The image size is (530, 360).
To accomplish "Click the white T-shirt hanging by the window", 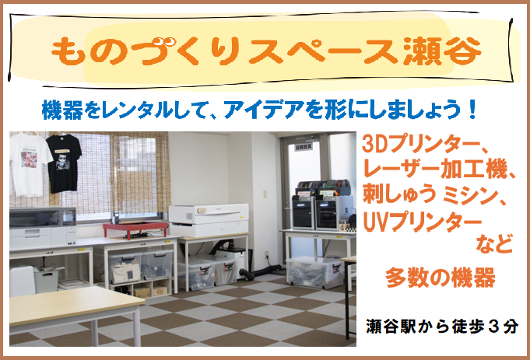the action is click(x=29, y=164).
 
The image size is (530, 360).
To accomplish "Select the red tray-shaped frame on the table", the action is click(x=135, y=229).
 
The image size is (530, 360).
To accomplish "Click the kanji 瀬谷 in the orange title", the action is click(x=442, y=51).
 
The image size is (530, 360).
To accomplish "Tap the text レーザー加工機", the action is click(x=435, y=170).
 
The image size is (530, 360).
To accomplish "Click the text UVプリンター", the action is click(x=422, y=223).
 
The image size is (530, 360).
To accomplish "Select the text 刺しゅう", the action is click(x=399, y=195).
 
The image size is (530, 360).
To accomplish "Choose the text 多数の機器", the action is click(x=440, y=278).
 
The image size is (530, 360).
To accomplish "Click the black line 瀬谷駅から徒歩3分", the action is click(x=442, y=327).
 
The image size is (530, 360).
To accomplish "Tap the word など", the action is click(x=494, y=244).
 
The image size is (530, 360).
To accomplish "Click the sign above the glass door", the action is click(x=304, y=147).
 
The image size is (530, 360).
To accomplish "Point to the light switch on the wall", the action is click(x=265, y=194).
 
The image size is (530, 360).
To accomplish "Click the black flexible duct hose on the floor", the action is click(x=261, y=272).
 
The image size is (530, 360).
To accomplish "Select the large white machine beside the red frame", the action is click(x=209, y=220).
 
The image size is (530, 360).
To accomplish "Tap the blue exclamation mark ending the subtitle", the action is click(x=472, y=110).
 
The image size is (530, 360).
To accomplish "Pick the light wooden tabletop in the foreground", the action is click(x=72, y=305).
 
